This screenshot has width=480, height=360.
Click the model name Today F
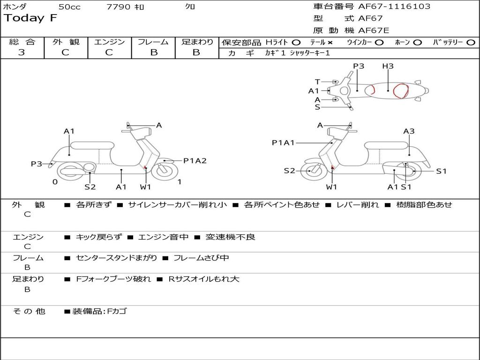30,18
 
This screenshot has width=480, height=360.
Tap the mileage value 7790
118,7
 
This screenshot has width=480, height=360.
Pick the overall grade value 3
22,52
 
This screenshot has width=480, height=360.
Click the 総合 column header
22,42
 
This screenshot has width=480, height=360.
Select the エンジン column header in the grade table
109,42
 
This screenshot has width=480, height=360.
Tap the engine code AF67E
374,31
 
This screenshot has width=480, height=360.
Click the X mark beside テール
330,42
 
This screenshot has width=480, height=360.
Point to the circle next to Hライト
296,42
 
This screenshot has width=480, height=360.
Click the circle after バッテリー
471,42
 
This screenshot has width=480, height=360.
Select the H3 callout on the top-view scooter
388,66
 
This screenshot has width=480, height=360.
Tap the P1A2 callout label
195,161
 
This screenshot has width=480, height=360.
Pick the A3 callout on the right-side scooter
409,131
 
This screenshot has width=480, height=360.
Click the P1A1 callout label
283,143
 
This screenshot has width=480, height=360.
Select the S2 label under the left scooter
90,187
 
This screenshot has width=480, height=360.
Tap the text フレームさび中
201,258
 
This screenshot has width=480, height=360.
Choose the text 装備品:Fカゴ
99,311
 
